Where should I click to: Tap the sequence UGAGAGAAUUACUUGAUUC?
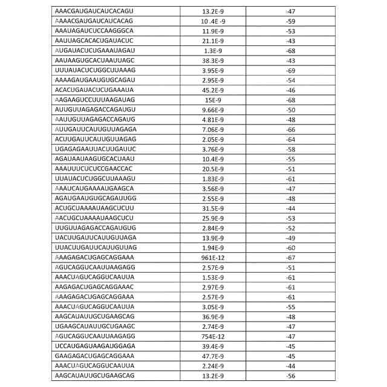tap(96, 149)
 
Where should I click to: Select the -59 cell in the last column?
tap(290, 21)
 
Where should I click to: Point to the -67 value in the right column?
tap(290, 257)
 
